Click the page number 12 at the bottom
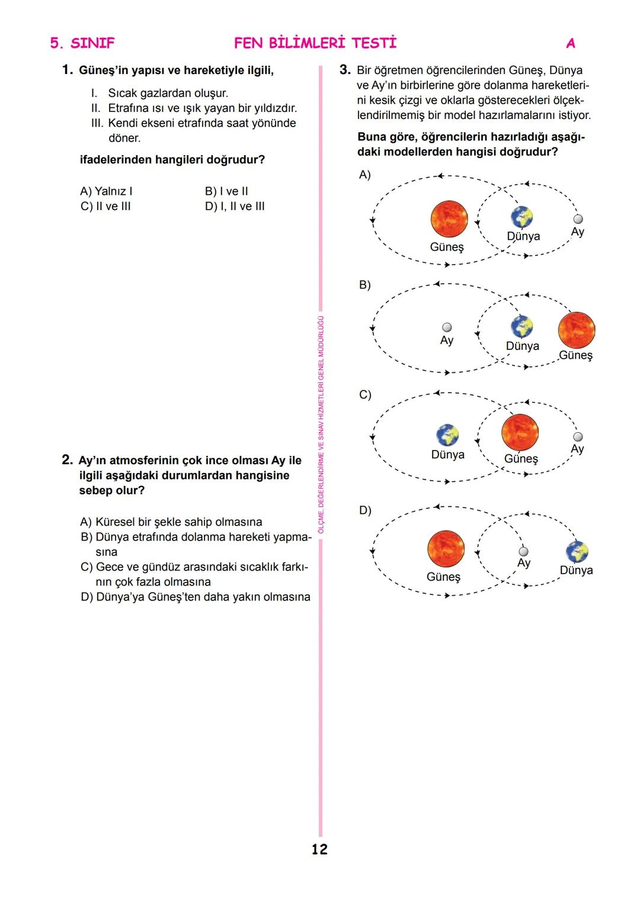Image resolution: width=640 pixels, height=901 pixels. pyautogui.click(x=319, y=849)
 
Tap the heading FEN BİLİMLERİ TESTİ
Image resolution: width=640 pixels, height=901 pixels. pyautogui.click(x=315, y=43)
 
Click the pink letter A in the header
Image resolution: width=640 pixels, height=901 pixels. pyautogui.click(x=571, y=43)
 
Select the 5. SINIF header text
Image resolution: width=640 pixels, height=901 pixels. pyautogui.click(x=82, y=43)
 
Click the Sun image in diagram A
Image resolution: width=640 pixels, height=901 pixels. pyautogui.click(x=449, y=218)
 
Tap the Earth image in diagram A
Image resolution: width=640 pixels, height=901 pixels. pyautogui.click(x=522, y=217)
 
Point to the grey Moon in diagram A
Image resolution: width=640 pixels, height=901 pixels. pyautogui.click(x=578, y=219)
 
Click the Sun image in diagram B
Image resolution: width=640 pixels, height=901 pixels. pyautogui.click(x=576, y=330)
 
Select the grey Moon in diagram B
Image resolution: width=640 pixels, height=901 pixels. pyautogui.click(x=447, y=327)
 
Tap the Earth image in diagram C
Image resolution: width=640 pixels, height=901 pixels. pyautogui.click(x=447, y=435)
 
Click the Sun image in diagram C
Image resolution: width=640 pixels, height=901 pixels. pyautogui.click(x=520, y=432)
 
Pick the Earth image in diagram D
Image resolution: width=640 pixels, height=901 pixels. pyautogui.click(x=577, y=552)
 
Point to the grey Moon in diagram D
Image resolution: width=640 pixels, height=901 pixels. pyautogui.click(x=523, y=552)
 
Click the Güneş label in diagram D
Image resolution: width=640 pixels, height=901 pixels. pyautogui.click(x=443, y=577)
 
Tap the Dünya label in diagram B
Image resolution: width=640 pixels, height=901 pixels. pyautogui.click(x=522, y=346)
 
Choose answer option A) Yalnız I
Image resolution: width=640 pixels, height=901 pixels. pyautogui.click(x=106, y=191)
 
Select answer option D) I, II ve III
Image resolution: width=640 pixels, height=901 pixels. pyautogui.click(x=235, y=207)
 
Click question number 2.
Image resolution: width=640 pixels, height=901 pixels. pyautogui.click(x=68, y=460)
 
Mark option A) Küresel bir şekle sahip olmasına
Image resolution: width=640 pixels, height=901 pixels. pyautogui.click(x=171, y=522)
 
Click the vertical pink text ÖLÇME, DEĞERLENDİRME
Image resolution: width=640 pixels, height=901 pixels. pyautogui.click(x=321, y=424)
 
